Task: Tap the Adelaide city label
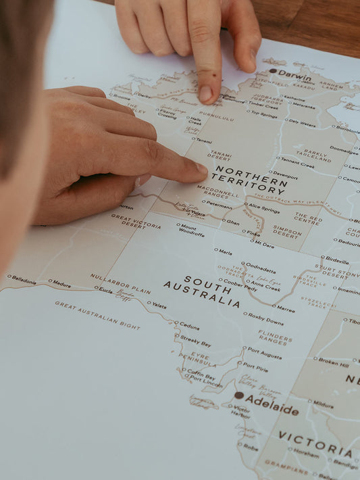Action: (272, 408)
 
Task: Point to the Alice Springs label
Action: (263, 208)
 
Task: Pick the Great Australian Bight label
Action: (97, 315)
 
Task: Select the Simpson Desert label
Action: (286, 233)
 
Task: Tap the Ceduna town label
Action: (190, 325)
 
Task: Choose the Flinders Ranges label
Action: (276, 337)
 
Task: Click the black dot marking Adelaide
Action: (238, 395)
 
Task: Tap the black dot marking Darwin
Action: (273, 70)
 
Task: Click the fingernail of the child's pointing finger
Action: (205, 94)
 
